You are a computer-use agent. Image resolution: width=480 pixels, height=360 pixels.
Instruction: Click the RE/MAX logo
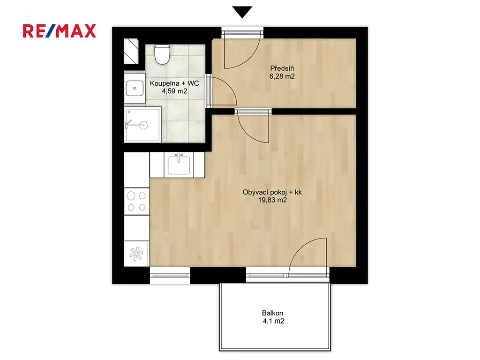point(60,31)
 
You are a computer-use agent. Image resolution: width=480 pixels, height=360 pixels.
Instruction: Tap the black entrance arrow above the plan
point(242,12)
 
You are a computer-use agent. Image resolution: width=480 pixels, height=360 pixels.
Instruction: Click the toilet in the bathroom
point(162,54)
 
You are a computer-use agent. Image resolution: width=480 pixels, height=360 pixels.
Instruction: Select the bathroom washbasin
point(135,88)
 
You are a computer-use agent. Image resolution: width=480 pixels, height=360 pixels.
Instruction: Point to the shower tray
point(142,125)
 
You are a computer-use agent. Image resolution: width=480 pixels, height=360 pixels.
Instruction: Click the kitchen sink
point(179,165)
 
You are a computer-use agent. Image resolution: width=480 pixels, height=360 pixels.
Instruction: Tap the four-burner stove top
point(136,202)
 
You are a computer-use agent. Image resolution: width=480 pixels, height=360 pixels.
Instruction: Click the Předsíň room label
point(282,68)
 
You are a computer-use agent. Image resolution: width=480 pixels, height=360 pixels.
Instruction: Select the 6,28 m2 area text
point(282,76)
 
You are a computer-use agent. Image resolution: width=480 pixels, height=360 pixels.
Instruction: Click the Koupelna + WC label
point(174,83)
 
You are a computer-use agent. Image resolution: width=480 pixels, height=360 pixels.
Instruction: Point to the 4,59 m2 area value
point(174,91)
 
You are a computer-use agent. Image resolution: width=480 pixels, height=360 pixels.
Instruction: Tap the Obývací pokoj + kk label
point(272,192)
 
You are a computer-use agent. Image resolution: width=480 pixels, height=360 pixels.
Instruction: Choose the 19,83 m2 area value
point(272,200)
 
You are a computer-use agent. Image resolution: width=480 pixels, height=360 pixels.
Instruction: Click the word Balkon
point(272,313)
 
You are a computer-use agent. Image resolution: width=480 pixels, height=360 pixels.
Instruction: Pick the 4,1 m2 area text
point(273,321)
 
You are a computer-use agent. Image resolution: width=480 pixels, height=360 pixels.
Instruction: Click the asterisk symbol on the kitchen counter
point(136,254)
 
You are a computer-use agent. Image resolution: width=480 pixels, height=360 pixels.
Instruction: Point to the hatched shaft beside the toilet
point(131,51)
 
